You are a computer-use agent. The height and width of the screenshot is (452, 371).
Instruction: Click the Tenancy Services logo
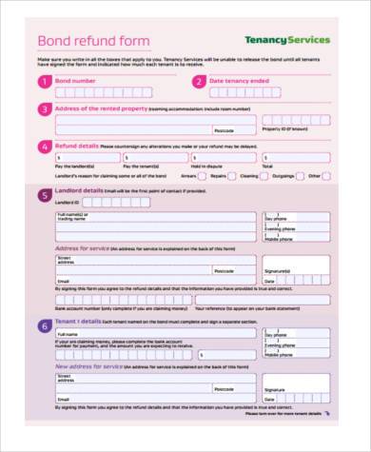tap(287, 40)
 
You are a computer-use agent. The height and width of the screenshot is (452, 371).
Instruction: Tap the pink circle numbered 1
tap(44, 82)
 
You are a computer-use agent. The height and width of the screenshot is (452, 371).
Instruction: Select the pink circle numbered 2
tap(198, 82)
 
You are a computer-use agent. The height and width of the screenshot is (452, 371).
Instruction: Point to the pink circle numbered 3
tap(44, 108)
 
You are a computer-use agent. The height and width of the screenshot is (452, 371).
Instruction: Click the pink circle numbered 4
tap(44, 147)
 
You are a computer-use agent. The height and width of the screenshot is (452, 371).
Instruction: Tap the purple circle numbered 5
tap(44, 195)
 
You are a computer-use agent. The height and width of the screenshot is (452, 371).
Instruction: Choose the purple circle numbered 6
tap(44, 326)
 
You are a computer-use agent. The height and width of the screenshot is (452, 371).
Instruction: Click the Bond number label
tap(77, 81)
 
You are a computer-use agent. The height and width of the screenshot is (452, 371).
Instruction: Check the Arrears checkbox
tap(203, 176)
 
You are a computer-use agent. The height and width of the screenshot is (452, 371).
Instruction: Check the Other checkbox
tap(326, 176)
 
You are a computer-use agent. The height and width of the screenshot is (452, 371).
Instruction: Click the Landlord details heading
tap(81, 190)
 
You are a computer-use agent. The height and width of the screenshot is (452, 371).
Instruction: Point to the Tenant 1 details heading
tap(80, 322)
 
